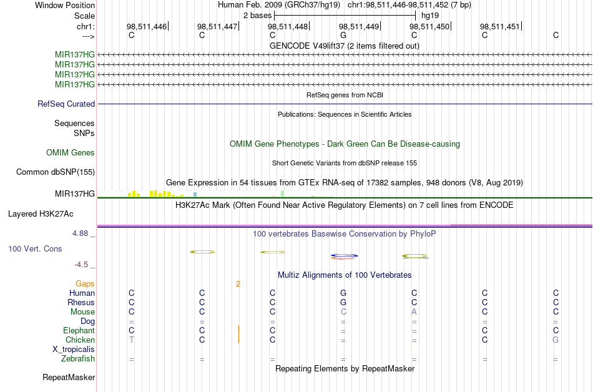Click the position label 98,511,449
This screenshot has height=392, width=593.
(359, 27)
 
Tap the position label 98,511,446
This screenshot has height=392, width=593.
(147, 27)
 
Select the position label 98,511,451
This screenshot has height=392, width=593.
(499, 27)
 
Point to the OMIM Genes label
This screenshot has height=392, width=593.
(71, 153)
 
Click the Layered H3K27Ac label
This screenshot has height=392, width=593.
(41, 214)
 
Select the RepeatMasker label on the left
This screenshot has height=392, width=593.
(69, 378)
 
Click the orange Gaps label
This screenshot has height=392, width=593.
(85, 284)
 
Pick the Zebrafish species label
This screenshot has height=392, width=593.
(78, 359)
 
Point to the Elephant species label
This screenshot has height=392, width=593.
(79, 331)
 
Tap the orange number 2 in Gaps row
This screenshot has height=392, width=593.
(238, 284)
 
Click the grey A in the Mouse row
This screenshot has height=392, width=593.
(414, 312)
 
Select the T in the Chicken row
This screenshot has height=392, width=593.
(131, 340)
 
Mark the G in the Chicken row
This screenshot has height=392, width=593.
(556, 340)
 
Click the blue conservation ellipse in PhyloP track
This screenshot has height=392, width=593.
(344, 255)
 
